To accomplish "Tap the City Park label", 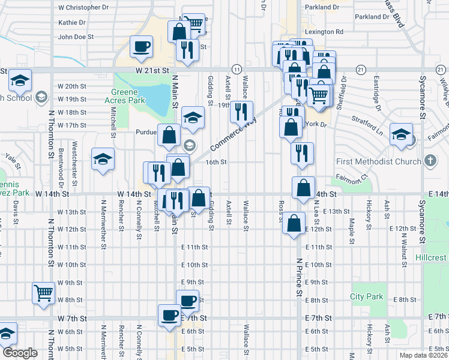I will click(366, 296).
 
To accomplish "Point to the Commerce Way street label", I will click(233, 132).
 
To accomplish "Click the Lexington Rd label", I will click(324, 32).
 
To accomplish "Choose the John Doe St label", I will click(76, 37).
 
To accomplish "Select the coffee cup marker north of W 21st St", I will click(141, 46).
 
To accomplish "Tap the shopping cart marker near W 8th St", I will click(44, 293).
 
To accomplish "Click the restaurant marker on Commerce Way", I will click(242, 111).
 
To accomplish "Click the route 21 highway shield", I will click(360, 70).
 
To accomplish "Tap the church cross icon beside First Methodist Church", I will click(430, 161).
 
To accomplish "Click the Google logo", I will click(20, 353).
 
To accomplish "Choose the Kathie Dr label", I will click(72, 22).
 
